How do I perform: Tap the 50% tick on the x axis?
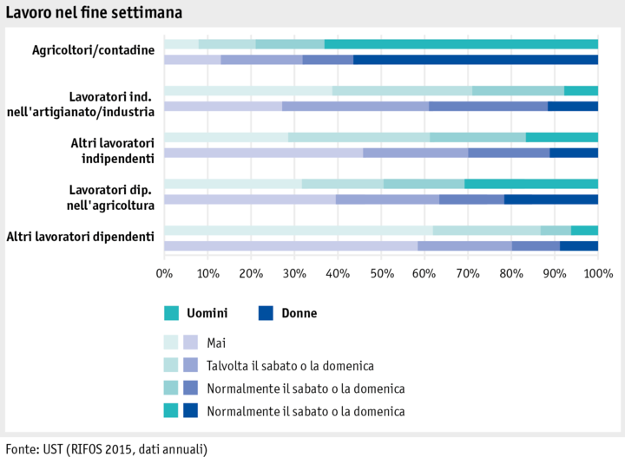point(381,275)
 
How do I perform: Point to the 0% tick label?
point(164,275)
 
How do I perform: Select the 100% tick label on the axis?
point(597,275)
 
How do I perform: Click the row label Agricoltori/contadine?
point(93,50)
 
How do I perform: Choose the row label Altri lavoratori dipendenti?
point(80,237)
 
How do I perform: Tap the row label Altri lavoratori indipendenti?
point(112,150)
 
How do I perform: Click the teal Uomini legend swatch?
point(172,313)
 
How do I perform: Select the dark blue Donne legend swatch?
point(266,313)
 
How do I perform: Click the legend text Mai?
point(216,343)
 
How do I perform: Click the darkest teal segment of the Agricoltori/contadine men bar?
point(460,44)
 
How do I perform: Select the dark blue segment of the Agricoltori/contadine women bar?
point(475,60)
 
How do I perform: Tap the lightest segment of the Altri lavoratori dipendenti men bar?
point(298,230)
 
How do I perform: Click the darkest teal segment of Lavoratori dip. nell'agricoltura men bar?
point(530,184)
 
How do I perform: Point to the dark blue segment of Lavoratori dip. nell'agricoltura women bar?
point(550,199)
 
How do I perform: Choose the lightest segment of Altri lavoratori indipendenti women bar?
point(263,153)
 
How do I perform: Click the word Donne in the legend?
point(299,313)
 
